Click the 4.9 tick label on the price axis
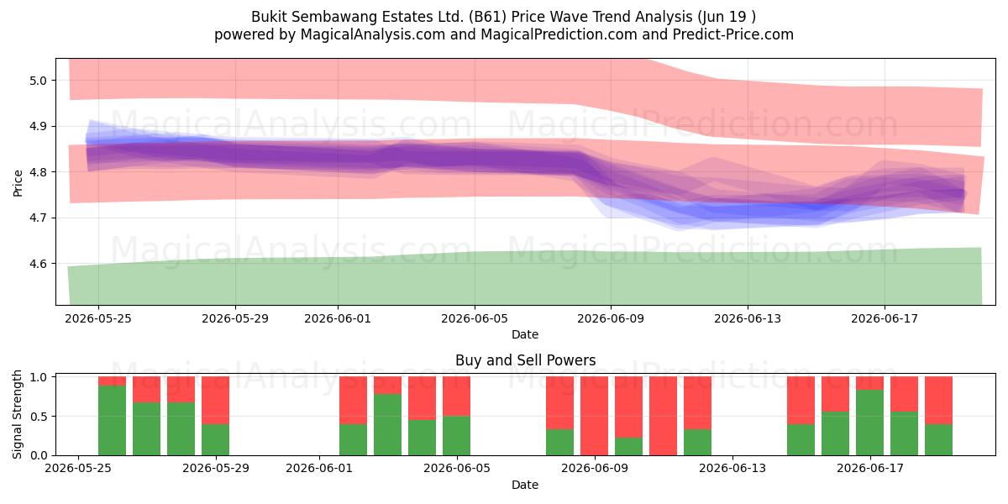point(38,127)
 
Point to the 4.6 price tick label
point(38,264)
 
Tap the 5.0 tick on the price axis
point(38,81)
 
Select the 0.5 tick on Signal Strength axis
point(38,417)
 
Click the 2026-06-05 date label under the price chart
point(475,318)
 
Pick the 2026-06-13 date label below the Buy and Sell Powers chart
point(732,468)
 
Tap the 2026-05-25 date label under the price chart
point(98,318)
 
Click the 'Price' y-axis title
point(18,183)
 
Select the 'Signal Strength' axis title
point(17,414)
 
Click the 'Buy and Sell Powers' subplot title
point(525,360)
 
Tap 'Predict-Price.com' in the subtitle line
point(733,34)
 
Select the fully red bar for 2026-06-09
point(594,416)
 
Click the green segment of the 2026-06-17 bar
point(869,423)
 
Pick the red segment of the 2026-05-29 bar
point(215,401)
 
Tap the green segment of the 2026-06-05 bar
point(456,436)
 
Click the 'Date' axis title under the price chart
point(525,334)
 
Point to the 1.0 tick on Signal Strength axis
point(38,377)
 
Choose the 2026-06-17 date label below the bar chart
point(870,468)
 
